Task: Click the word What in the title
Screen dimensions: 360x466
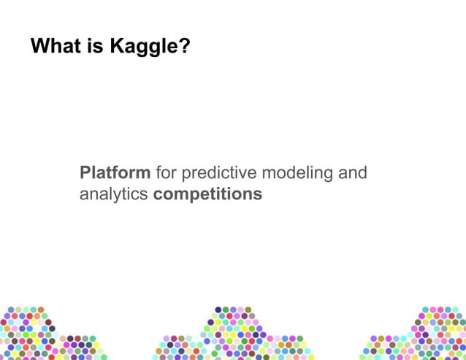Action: coord(54,47)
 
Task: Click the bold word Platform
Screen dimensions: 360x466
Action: coord(115,174)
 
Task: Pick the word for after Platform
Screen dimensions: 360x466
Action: coord(166,174)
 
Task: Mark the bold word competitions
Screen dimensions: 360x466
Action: coord(207,195)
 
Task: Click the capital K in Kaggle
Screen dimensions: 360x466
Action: coord(116,47)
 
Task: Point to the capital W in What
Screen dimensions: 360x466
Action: coord(39,47)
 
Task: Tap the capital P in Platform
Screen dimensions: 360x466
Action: coord(85,174)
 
